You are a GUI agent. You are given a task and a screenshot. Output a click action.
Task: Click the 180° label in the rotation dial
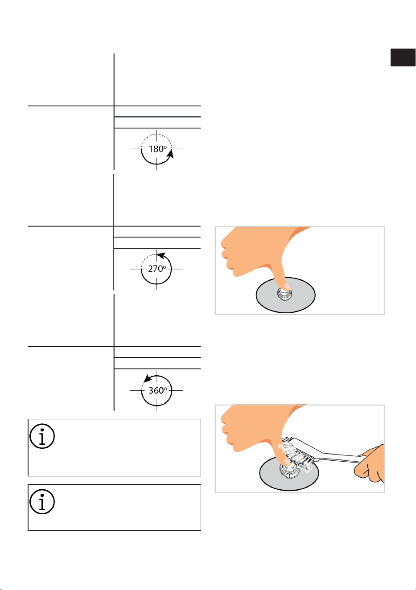[x=158, y=149]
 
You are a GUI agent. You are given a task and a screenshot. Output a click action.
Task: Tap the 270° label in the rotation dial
[x=157, y=269]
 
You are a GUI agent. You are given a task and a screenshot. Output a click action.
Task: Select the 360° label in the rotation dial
[x=158, y=390]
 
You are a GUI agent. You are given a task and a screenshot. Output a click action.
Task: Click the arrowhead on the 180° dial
[x=171, y=154]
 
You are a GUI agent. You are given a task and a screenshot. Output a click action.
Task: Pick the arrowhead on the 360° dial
[x=148, y=378]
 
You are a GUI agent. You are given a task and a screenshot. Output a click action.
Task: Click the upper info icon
[x=42, y=436]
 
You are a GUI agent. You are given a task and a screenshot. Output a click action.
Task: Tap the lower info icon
[x=42, y=501]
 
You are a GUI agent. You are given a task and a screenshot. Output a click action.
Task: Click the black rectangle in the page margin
[x=403, y=57]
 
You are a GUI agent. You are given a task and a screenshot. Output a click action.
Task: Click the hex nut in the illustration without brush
[x=285, y=295]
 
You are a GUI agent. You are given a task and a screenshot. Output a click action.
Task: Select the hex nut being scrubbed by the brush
[x=288, y=472]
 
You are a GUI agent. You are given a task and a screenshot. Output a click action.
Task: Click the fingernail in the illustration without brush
[x=287, y=287]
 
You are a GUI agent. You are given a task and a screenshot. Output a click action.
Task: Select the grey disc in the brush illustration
[x=289, y=474]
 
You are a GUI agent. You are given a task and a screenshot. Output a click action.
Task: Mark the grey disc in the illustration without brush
[x=285, y=295]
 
